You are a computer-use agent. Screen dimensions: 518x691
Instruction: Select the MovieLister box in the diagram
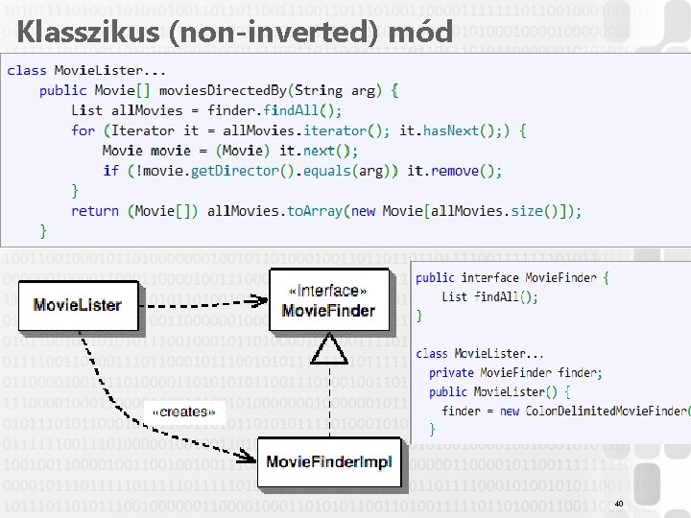78,305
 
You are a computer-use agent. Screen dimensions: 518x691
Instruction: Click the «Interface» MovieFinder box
328,300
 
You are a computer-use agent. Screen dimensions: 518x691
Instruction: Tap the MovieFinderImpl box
328,462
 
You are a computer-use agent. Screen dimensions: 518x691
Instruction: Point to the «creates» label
182,412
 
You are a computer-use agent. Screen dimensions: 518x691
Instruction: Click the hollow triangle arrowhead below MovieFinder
331,351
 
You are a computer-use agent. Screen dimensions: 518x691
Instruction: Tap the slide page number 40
618,503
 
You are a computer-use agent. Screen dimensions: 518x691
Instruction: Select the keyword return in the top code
95,211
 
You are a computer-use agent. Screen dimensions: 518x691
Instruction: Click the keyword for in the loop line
83,130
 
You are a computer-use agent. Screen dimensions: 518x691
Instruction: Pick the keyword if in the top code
110,171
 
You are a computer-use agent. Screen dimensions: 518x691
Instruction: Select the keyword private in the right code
451,372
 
